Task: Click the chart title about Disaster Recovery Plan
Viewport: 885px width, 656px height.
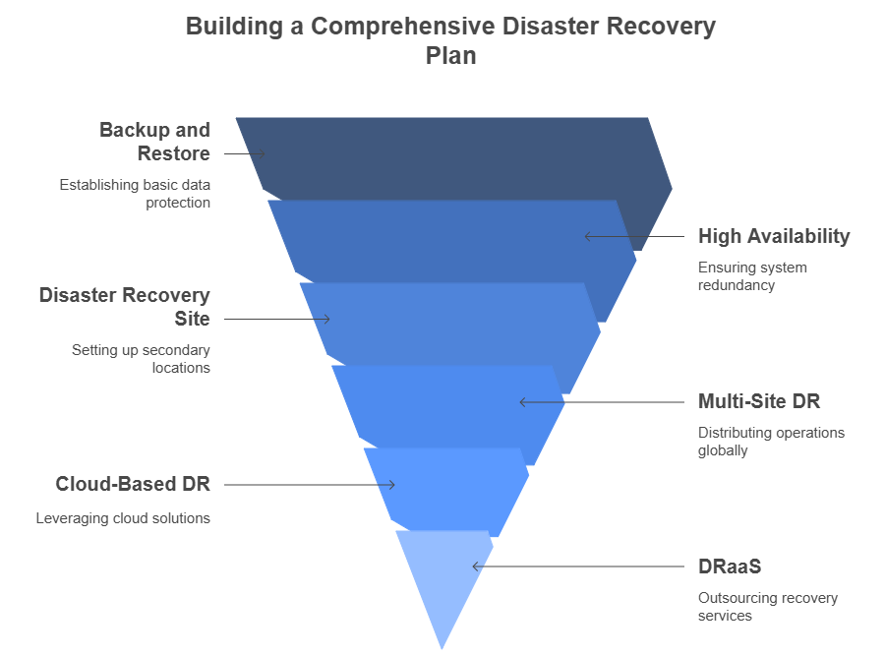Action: [450, 40]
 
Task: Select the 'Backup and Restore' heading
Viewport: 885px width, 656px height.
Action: [155, 142]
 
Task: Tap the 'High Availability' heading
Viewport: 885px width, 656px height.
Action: [774, 236]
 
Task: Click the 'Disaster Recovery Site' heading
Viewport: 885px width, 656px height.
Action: [125, 307]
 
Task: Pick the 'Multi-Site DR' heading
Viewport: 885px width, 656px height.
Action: [758, 401]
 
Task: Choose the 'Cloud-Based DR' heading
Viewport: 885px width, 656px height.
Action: [133, 484]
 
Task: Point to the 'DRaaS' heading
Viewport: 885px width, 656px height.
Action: [730, 567]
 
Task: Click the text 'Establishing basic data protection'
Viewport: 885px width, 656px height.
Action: [135, 193]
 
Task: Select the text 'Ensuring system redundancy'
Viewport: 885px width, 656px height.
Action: [752, 275]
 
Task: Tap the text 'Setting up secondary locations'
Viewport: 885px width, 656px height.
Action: [141, 358]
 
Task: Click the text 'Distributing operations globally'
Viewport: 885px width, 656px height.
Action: [771, 441]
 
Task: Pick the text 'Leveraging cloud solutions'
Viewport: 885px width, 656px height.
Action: [123, 517]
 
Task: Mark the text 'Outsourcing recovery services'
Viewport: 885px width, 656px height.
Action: [767, 606]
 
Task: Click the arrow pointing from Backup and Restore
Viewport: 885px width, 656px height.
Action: [245, 154]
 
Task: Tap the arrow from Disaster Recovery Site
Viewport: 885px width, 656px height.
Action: [276, 319]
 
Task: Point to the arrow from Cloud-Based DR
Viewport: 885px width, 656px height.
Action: [309, 484]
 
